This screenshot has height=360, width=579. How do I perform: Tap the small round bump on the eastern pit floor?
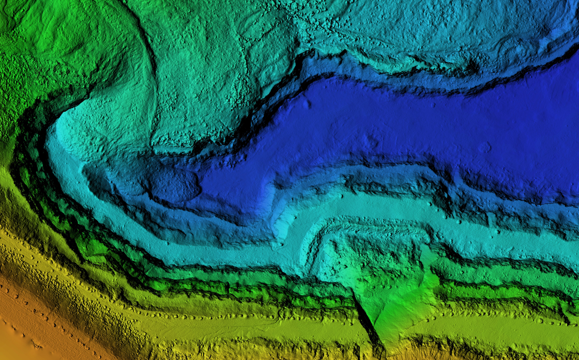coord(484,147)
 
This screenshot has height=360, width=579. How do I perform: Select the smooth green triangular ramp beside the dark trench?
coord(397,308)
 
